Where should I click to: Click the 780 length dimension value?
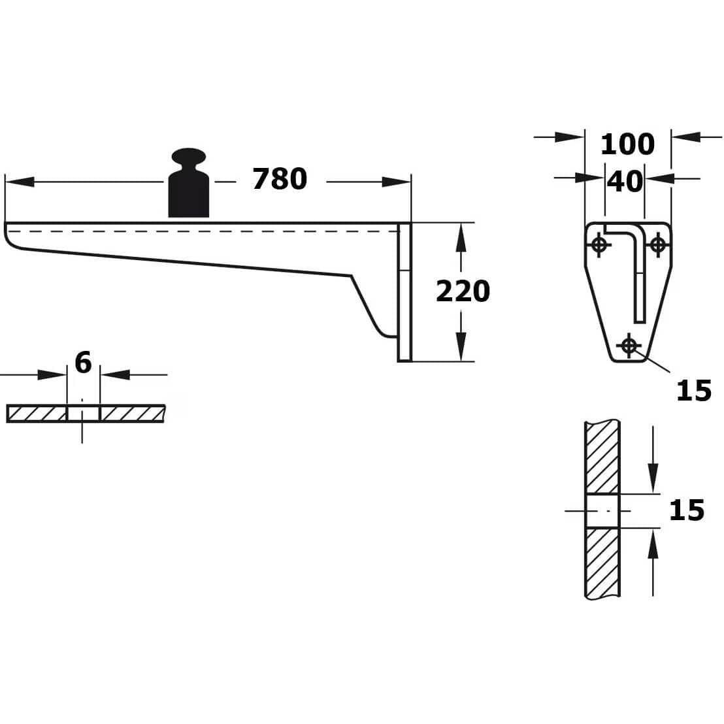coord(280,179)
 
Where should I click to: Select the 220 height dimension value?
coord(463,291)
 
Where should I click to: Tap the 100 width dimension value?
coord(627,144)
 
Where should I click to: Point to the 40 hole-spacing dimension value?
coord(625,182)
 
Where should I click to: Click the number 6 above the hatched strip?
coord(83,363)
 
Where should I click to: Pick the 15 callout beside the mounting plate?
coord(694,391)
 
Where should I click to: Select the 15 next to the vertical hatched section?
coord(687,510)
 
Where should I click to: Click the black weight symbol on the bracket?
coord(188,183)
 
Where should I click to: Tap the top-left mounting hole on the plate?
coord(599,244)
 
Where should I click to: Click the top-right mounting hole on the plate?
coord(658,244)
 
